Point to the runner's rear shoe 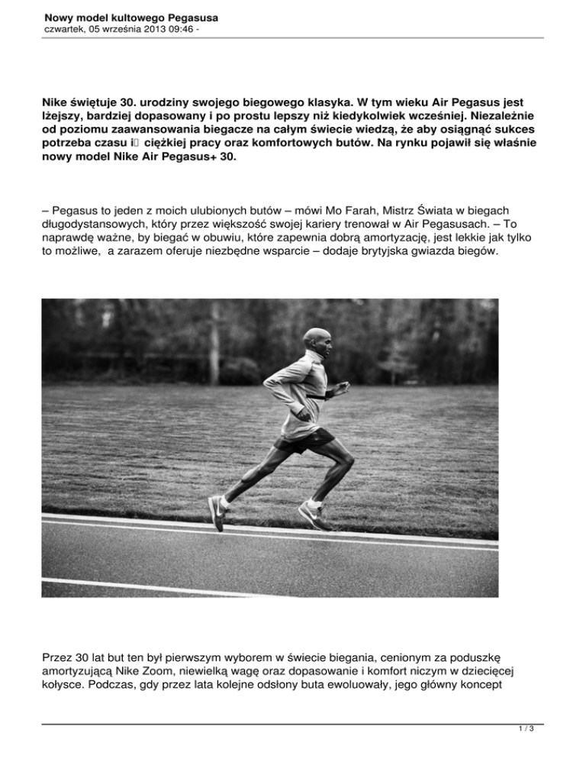point(217,514)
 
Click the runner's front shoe point(316,516)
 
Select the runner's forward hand point(342,392)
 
